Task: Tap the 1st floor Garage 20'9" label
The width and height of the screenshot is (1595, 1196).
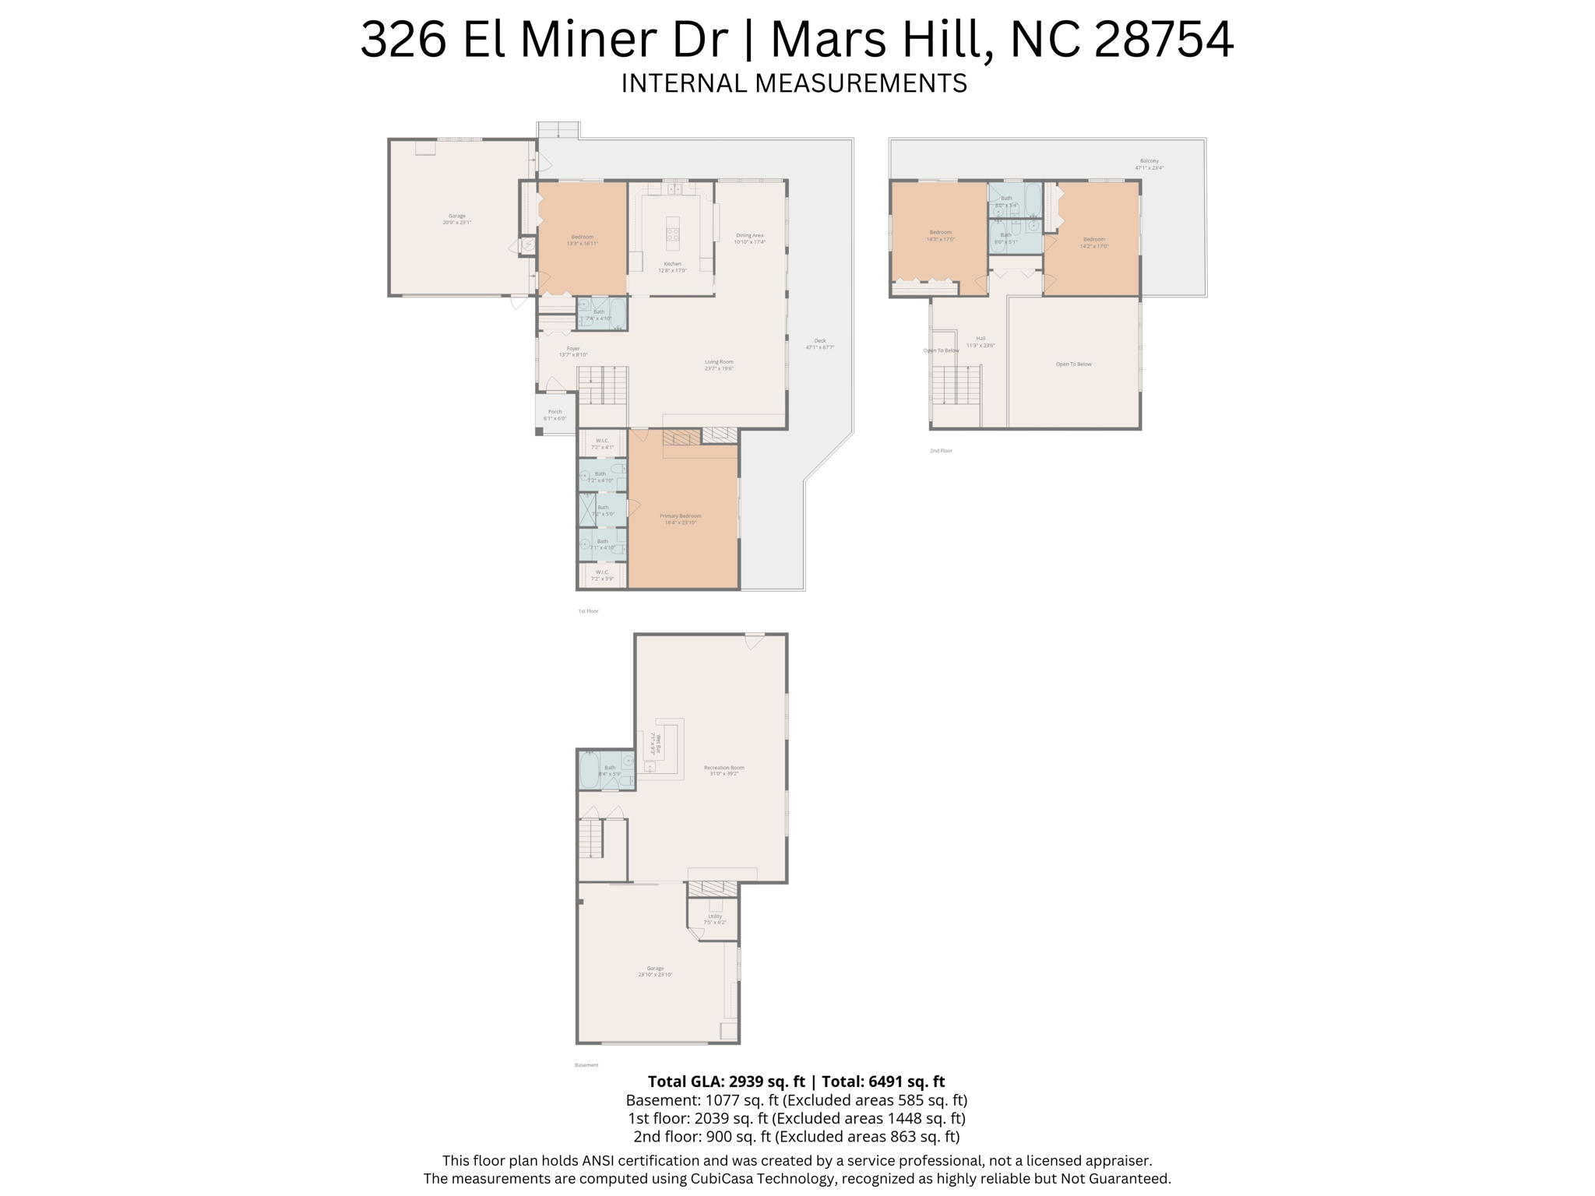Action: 456,219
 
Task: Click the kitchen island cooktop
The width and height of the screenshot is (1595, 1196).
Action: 673,233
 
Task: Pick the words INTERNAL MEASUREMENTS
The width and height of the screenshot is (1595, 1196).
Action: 794,83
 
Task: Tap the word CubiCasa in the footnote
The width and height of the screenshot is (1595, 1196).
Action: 722,1179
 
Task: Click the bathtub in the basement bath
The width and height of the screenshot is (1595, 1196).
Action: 590,771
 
